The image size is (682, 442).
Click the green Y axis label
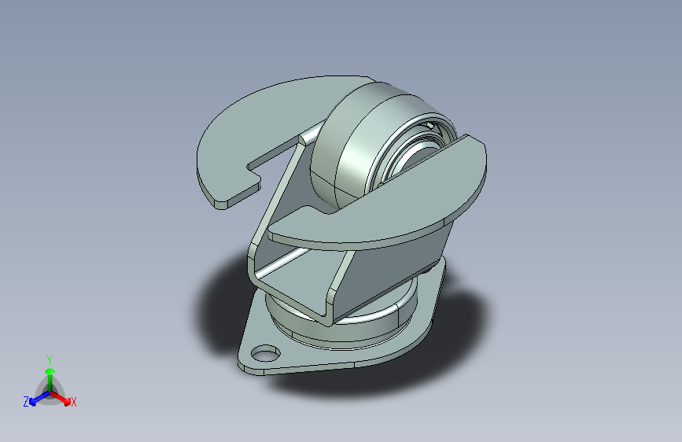(50, 357)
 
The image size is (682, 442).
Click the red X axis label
(74, 403)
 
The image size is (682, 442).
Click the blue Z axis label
(26, 402)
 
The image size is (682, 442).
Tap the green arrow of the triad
(50, 372)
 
